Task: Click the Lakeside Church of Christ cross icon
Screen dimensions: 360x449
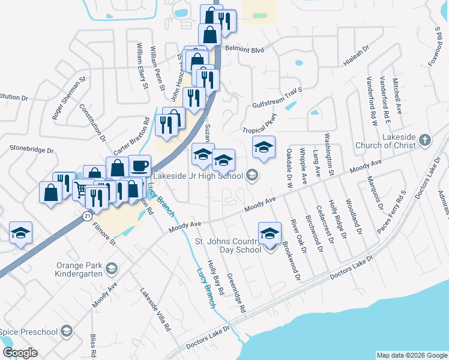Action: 425,140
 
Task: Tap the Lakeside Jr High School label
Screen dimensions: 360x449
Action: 198,176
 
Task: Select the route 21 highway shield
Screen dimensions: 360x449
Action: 88,214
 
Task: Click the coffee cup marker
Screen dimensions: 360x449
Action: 139,166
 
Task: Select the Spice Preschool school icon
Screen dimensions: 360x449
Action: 67,331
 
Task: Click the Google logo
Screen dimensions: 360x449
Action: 20,353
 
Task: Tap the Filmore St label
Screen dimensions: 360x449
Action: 104,233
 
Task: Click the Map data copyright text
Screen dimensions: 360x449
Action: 411,355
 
